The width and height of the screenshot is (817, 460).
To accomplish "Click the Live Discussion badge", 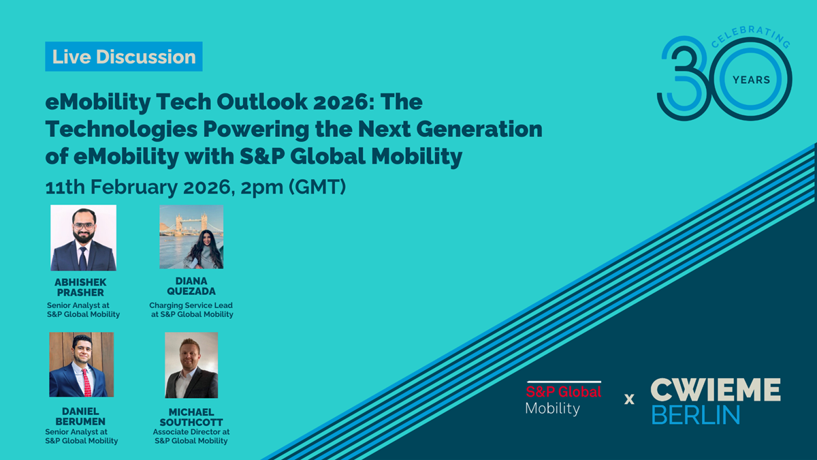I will pos(124,57).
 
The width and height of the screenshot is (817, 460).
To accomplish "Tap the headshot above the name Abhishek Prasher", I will pos(83,238).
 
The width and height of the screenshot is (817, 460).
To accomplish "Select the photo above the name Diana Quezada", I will pos(191,236).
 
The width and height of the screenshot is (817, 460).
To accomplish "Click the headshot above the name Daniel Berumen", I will pos(81,365).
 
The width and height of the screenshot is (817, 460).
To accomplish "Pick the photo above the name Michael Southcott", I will pos(191,365).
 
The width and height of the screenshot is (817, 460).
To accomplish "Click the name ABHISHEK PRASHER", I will pos(80,288).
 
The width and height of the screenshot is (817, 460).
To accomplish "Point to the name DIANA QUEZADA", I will pos(191,286).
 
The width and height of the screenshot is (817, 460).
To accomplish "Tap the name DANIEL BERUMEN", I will pos(80,417).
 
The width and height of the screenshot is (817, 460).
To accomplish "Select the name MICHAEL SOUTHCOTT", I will pos(191,417).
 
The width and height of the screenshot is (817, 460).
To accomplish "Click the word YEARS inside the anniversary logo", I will pos(751,80).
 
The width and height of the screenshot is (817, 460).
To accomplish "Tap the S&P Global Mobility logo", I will pos(563,399).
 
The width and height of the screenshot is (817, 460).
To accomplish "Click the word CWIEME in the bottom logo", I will pos(715,390).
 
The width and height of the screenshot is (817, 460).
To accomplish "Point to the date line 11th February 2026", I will pos(195,187).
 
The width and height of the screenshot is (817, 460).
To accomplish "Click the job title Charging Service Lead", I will pos(191,305).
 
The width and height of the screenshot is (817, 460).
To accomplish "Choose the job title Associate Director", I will pos(191,432).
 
